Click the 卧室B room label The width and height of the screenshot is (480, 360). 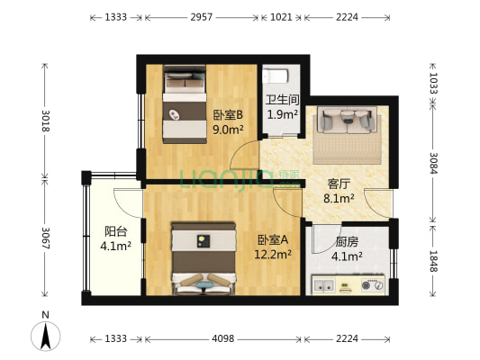click(x=229, y=115)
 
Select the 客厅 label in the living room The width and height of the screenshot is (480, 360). click(x=339, y=184)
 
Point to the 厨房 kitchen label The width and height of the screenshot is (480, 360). click(x=347, y=242)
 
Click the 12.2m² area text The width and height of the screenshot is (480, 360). click(x=273, y=255)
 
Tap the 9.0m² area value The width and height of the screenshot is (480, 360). click(x=229, y=130)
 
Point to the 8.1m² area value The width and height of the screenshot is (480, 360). click(x=339, y=199)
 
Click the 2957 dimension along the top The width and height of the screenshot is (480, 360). click(x=202, y=17)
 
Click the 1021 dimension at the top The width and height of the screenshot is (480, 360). click(x=281, y=17)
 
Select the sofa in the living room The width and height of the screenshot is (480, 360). click(x=344, y=121)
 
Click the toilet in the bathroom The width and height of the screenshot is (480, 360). click(x=280, y=76)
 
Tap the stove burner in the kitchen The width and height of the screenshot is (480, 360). click(x=370, y=286)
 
